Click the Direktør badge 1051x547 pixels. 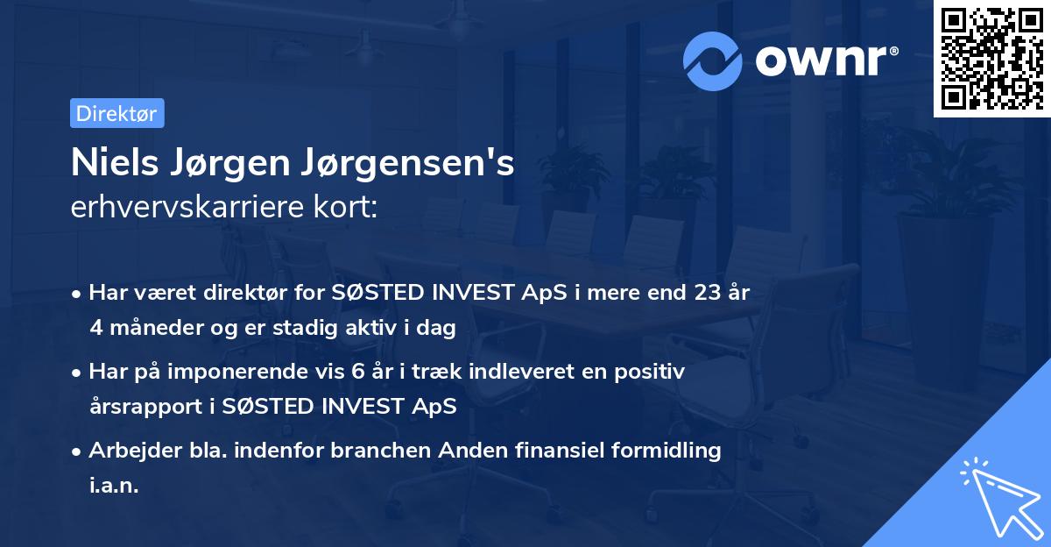coord(116,113)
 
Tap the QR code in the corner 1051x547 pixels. coord(992,59)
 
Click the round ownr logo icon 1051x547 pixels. coord(713,60)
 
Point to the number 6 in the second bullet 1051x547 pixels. coord(357,372)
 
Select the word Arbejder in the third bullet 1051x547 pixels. coord(126,451)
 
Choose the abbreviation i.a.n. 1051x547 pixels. coord(114,485)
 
